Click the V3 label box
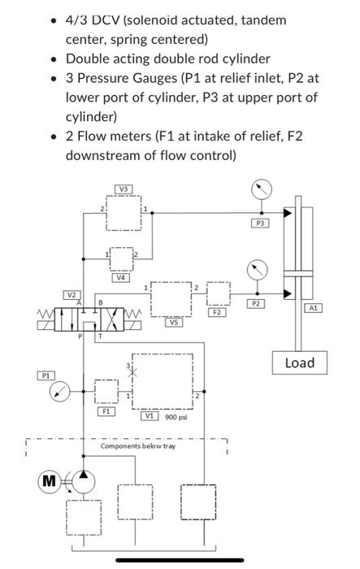pyautogui.click(x=123, y=189)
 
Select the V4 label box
pyautogui.click(x=121, y=278)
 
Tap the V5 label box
pyautogui.click(x=172, y=322)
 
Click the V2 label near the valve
pyautogui.click(x=72, y=294)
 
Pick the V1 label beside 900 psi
pyautogui.click(x=150, y=416)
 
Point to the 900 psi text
pyautogui.click(x=176, y=417)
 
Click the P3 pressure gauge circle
pyautogui.click(x=260, y=190)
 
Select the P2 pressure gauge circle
pyautogui.click(x=257, y=268)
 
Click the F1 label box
pyautogui.click(x=106, y=411)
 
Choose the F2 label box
pyautogui.click(x=217, y=311)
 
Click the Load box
pyautogui.click(x=299, y=363)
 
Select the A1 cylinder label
pyautogui.click(x=314, y=308)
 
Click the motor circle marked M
pyautogui.click(x=50, y=481)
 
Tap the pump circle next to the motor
pyautogui.click(x=83, y=481)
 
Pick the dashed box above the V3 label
pyautogui.click(x=123, y=212)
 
